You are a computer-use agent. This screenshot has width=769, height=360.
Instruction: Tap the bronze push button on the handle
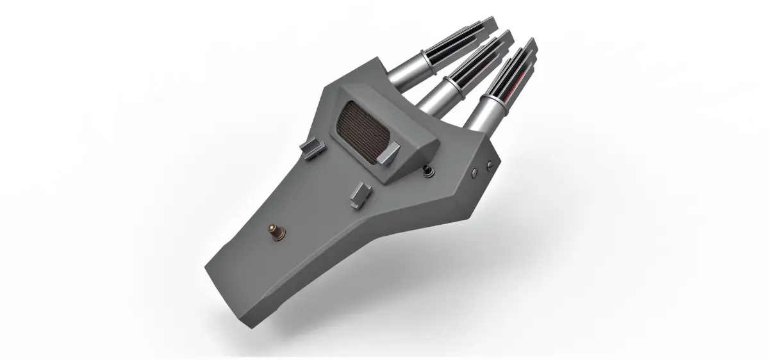point(276,231)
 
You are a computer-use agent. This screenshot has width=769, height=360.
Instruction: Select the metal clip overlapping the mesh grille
point(388,153)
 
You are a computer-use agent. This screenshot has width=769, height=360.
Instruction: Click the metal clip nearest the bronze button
point(360,193)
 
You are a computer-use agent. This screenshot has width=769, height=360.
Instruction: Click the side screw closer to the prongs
point(489,165)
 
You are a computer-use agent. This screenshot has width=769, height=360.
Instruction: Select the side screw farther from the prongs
point(474,173)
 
